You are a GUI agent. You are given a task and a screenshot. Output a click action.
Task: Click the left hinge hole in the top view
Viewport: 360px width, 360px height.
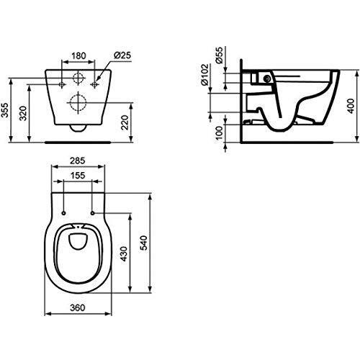pos(65,213)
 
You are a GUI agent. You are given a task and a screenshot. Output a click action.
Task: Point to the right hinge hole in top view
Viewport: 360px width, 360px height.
pos(94,213)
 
